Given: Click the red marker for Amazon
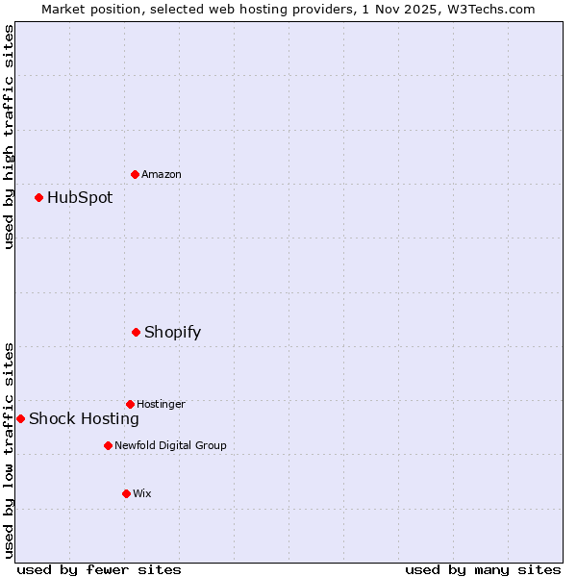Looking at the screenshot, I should point(135,174).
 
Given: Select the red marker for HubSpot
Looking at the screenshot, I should point(38,197).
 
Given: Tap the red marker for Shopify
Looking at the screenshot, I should point(136,332).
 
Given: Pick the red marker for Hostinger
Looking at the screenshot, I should point(130,404).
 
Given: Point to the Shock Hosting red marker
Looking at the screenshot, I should point(20,418).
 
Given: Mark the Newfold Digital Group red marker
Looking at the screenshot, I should point(108,445).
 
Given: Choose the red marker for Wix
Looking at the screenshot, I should point(126,493).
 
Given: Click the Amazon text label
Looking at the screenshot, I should point(162,174).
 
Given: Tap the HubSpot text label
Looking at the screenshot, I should point(80,198).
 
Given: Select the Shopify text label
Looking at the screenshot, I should point(172,333).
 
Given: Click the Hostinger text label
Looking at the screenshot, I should point(161,404).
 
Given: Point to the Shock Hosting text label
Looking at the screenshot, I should point(84,418).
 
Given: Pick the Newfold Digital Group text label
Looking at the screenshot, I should point(170,445).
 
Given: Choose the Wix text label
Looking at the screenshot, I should point(142,493).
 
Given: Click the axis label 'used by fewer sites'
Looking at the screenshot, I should point(99,569).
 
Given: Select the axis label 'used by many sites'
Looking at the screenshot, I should point(483,569).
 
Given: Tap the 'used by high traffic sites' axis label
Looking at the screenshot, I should point(9,137).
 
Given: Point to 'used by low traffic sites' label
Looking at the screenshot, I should point(9,450).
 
